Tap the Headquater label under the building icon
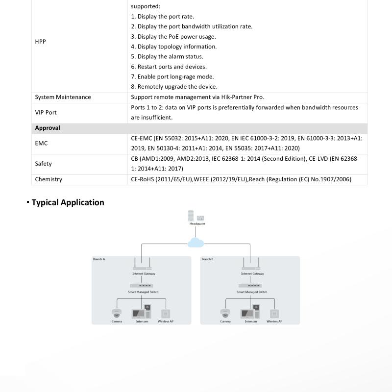pyautogui.click(x=197, y=223)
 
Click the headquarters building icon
pyautogui.click(x=192, y=216)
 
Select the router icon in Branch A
pyautogui.click(x=144, y=265)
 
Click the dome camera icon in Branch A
pyautogui.click(x=117, y=313)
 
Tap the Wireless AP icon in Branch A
pyautogui.click(x=166, y=314)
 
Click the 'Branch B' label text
pyautogui.click(x=207, y=259)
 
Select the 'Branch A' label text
pyautogui.click(x=98, y=259)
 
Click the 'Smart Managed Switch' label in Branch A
pyautogui.click(x=144, y=292)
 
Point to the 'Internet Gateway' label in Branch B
pyautogui.click(x=252, y=274)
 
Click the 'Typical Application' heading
pyautogui.click(x=68, y=202)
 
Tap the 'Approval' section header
pyautogui.click(x=48, y=128)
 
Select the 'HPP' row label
pyautogui.click(x=40, y=42)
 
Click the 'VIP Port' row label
pyautogui.click(x=46, y=112)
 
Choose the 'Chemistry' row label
pyautogui.click(x=49, y=179)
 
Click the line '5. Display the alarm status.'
pyautogui.click(x=167, y=56)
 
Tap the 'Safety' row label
pyautogui.click(x=43, y=164)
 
